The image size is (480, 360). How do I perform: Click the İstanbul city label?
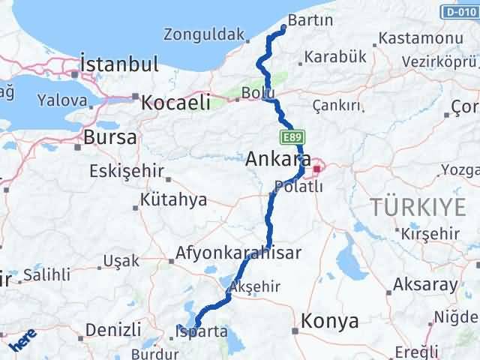tap(120, 64)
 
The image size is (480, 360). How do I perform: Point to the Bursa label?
tap(110, 137)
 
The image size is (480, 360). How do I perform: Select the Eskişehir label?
tap(126, 171)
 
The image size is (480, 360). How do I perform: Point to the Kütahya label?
tap(173, 200)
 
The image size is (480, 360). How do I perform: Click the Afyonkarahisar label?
tap(238, 253)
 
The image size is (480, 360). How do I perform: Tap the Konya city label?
tap(329, 321)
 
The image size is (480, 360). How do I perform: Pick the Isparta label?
tap(200, 331)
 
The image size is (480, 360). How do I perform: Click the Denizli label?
tap(113, 328)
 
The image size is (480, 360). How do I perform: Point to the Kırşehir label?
tap(430, 233)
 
